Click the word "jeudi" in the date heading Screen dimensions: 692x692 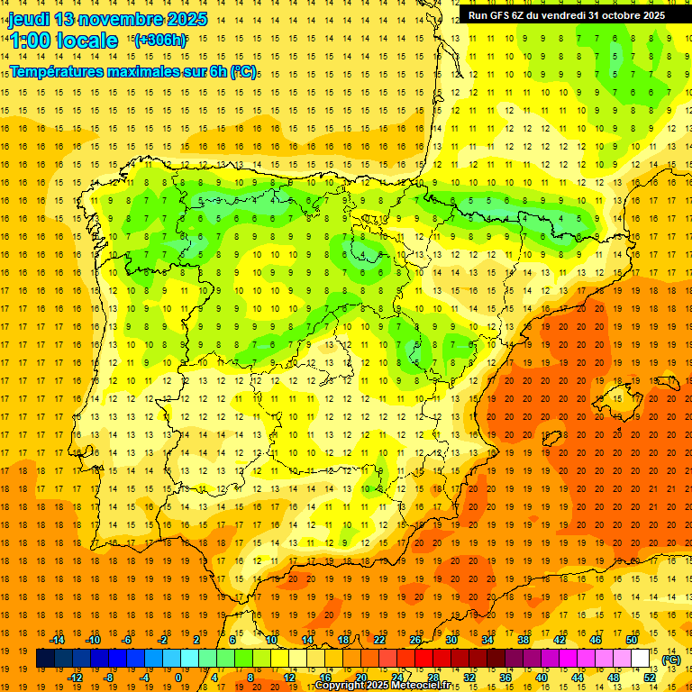[29, 19]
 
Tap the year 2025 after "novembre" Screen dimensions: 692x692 [186, 19]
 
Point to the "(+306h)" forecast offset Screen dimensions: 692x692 [160, 40]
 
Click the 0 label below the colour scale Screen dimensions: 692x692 [178, 678]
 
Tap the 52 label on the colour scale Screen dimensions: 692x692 [650, 678]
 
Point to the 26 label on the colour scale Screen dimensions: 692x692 [415, 640]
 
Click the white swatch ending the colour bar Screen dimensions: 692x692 [641, 659]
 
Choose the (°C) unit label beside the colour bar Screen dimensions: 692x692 [670, 659]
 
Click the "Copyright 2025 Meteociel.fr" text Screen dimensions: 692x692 [383, 686]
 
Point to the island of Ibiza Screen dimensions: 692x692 [553, 440]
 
